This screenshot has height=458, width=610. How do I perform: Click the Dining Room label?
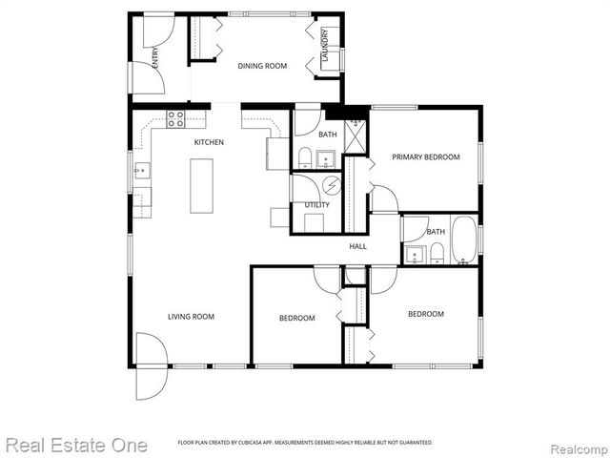tap(262, 66)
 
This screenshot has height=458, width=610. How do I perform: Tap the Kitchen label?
tap(209, 142)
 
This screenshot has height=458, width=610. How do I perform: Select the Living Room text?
tap(191, 317)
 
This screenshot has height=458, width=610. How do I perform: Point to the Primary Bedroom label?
tap(427, 156)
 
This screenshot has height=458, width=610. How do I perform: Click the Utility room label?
tap(316, 205)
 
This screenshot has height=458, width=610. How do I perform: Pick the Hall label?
tap(357, 246)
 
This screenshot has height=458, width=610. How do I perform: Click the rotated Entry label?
tap(155, 57)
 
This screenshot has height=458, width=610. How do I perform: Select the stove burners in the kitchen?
tap(176, 119)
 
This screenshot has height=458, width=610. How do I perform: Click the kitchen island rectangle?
tap(200, 186)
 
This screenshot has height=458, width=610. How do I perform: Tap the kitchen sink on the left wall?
tap(140, 172)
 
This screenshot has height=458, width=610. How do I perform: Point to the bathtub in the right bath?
tap(463, 240)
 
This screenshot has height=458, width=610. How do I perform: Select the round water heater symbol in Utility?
tap(332, 185)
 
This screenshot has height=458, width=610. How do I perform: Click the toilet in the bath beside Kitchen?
tap(304, 157)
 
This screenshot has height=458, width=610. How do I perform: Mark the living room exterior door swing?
tap(151, 366)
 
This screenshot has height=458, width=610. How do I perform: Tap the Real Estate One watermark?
tap(76, 445)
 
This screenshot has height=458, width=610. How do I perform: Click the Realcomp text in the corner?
tap(578, 446)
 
